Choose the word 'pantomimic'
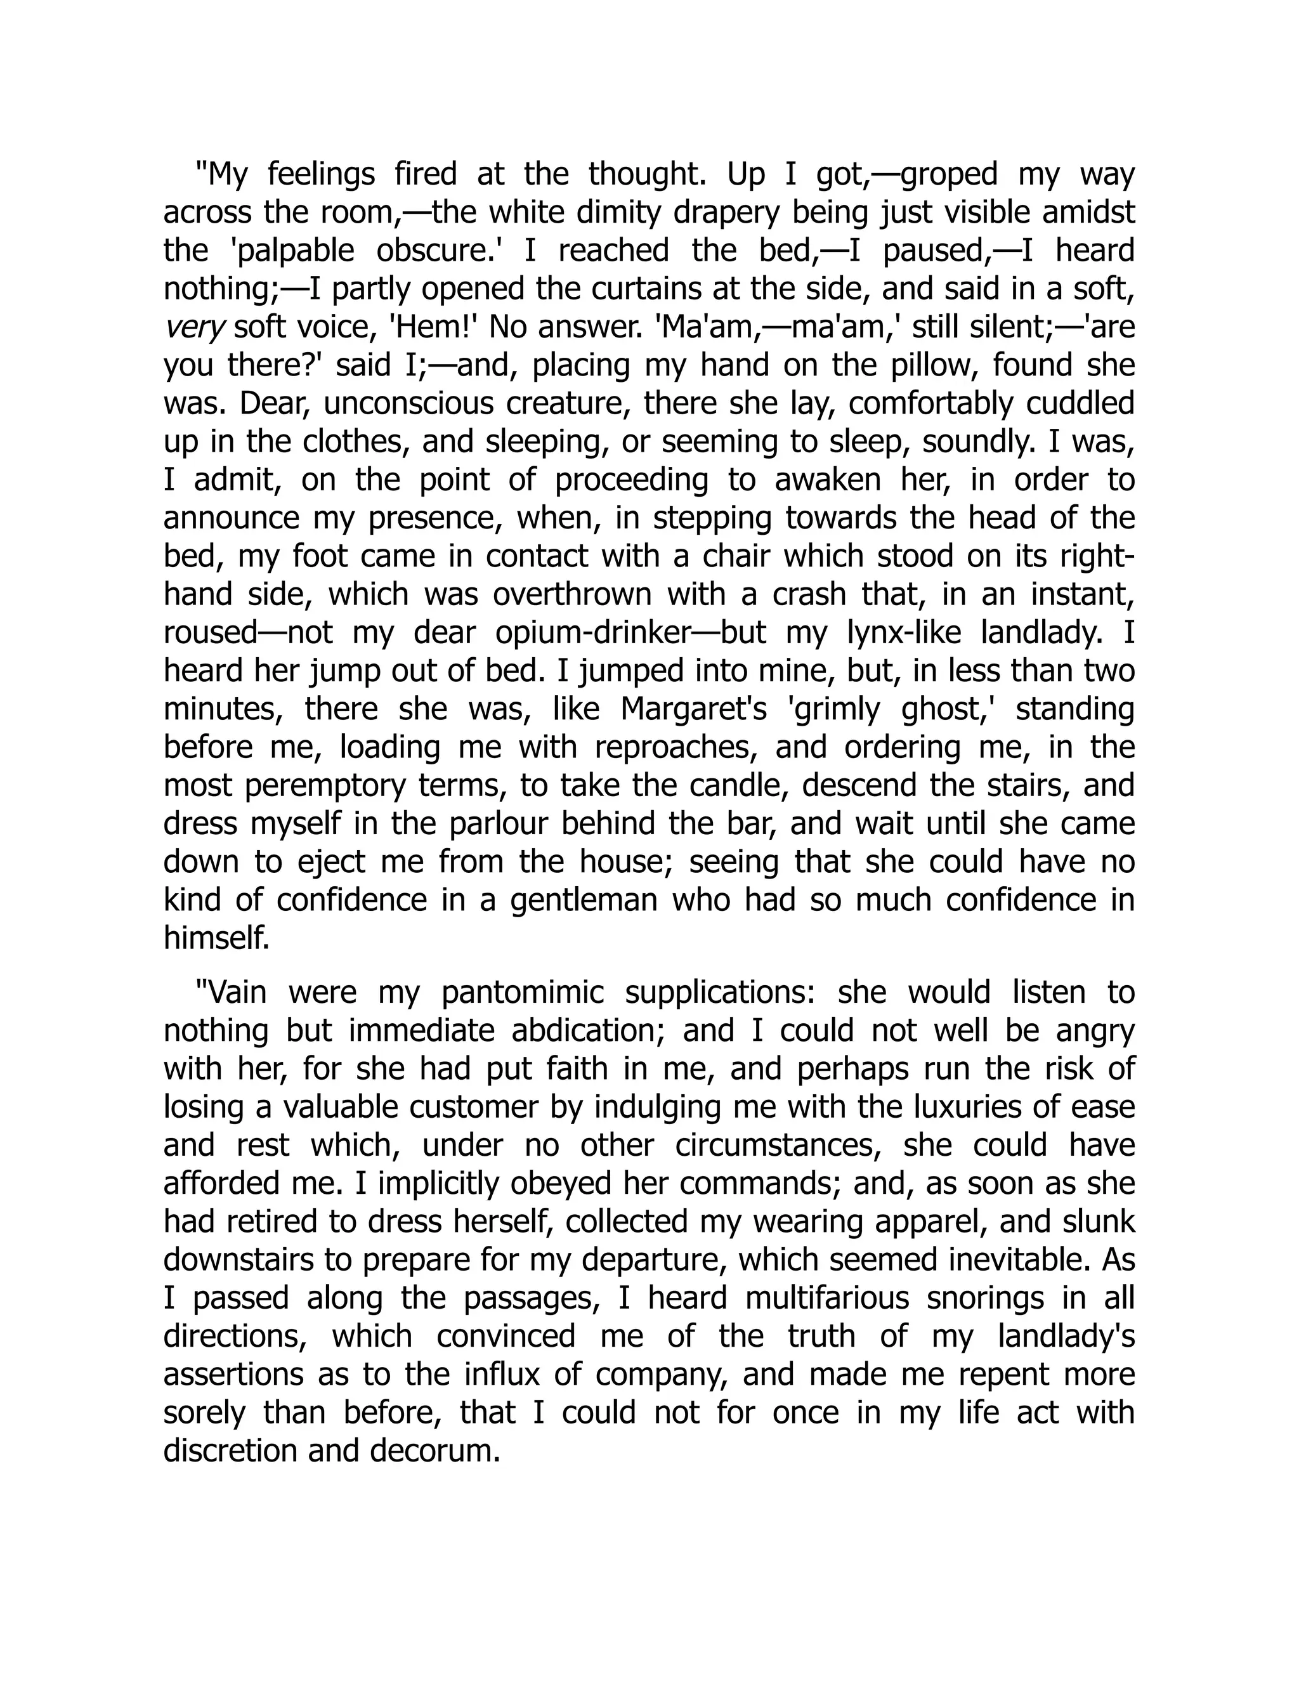point(523,993)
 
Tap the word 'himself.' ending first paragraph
point(216,939)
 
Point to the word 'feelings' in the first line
point(322,174)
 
